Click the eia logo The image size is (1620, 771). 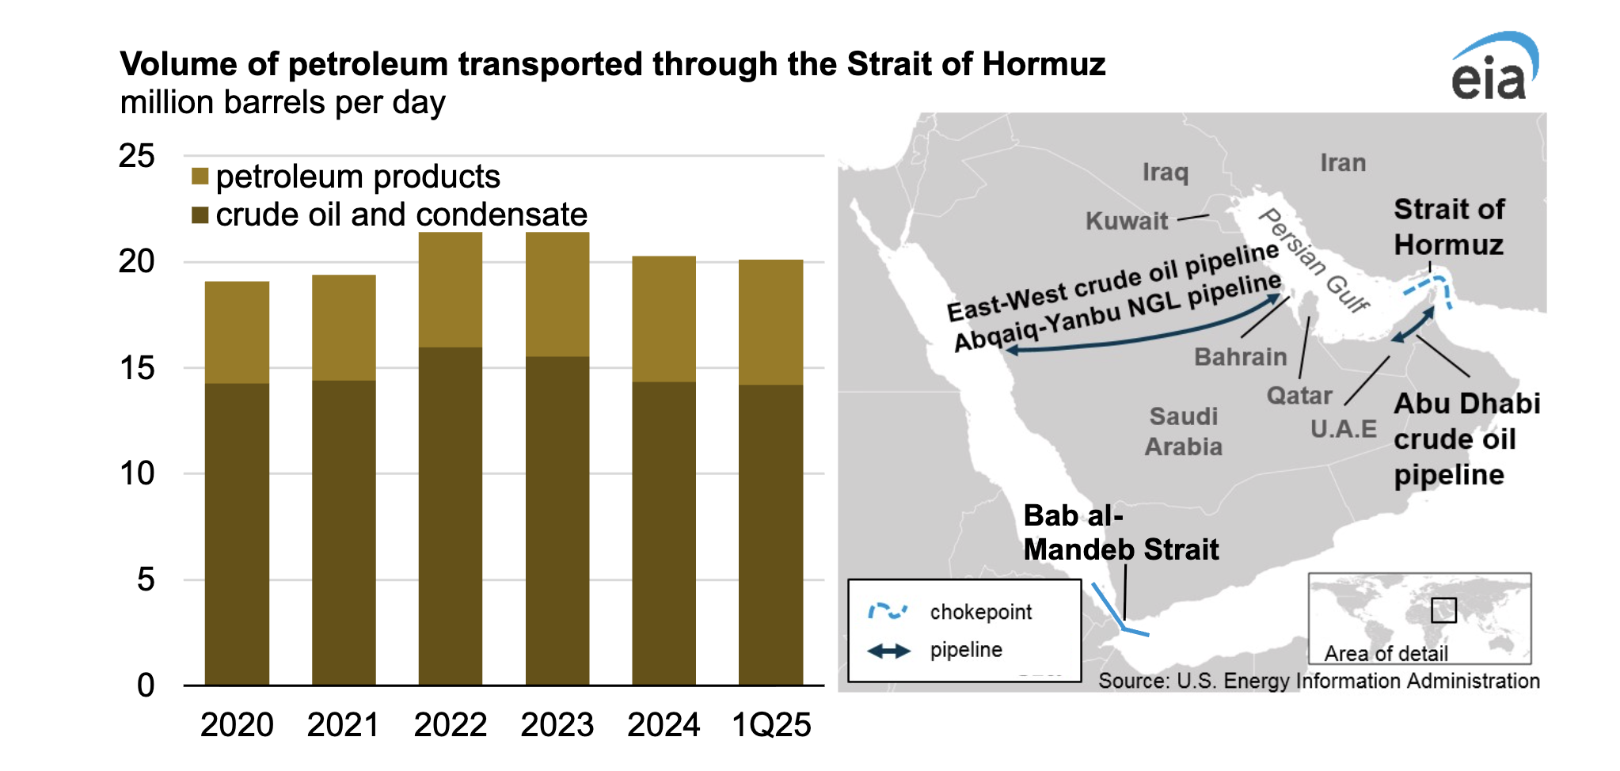click(x=1493, y=70)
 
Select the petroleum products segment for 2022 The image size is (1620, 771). click(x=450, y=290)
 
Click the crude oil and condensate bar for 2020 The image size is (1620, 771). click(x=237, y=534)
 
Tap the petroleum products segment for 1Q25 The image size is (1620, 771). click(x=770, y=322)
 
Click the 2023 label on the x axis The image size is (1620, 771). click(x=557, y=724)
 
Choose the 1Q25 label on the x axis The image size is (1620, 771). click(x=771, y=724)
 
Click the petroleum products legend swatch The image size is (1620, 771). click(x=200, y=177)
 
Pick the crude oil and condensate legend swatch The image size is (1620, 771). click(x=200, y=215)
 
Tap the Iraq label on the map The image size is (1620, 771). click(x=1165, y=172)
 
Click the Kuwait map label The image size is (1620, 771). click(x=1126, y=221)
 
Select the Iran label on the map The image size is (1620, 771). click(x=1343, y=163)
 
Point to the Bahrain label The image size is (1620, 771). click(x=1240, y=357)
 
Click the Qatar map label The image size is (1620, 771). click(x=1299, y=395)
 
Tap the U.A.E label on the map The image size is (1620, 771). click(x=1343, y=429)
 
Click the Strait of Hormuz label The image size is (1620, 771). click(x=1449, y=227)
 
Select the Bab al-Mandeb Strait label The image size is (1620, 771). click(x=1120, y=533)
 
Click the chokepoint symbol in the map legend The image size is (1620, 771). click(x=888, y=611)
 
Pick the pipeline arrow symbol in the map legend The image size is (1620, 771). click(x=888, y=651)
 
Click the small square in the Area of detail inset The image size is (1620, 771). click(x=1443, y=610)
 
